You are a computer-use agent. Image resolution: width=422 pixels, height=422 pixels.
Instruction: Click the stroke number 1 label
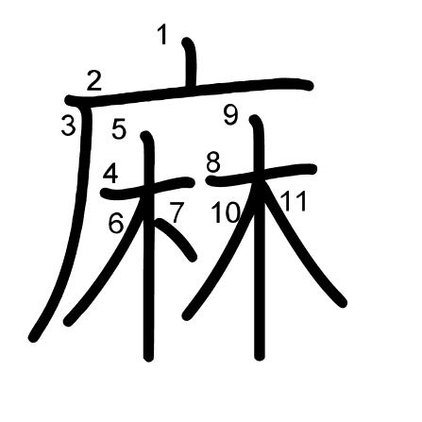pyautogui.click(x=162, y=35)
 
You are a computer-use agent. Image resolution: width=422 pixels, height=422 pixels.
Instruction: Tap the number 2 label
pyautogui.click(x=94, y=81)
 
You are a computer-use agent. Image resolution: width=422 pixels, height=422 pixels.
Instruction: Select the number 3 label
pyautogui.click(x=69, y=126)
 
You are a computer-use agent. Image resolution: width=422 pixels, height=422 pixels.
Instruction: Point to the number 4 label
pyautogui.click(x=110, y=174)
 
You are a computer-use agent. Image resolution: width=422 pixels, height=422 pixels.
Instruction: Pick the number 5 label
pyautogui.click(x=119, y=128)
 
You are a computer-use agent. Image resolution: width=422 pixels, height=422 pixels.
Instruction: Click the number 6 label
pyautogui.click(x=116, y=223)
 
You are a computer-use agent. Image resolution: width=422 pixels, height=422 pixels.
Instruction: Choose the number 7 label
pyautogui.click(x=177, y=212)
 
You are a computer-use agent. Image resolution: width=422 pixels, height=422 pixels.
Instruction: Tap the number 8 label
pyautogui.click(x=213, y=163)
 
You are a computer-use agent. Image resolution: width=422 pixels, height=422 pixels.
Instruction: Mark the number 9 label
pyautogui.click(x=231, y=115)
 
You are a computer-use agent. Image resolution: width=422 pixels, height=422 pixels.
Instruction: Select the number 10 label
pyautogui.click(x=226, y=212)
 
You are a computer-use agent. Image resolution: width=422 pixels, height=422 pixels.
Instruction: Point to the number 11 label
pyautogui.click(x=294, y=201)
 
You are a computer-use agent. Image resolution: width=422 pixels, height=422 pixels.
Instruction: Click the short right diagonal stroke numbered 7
pyautogui.click(x=177, y=238)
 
